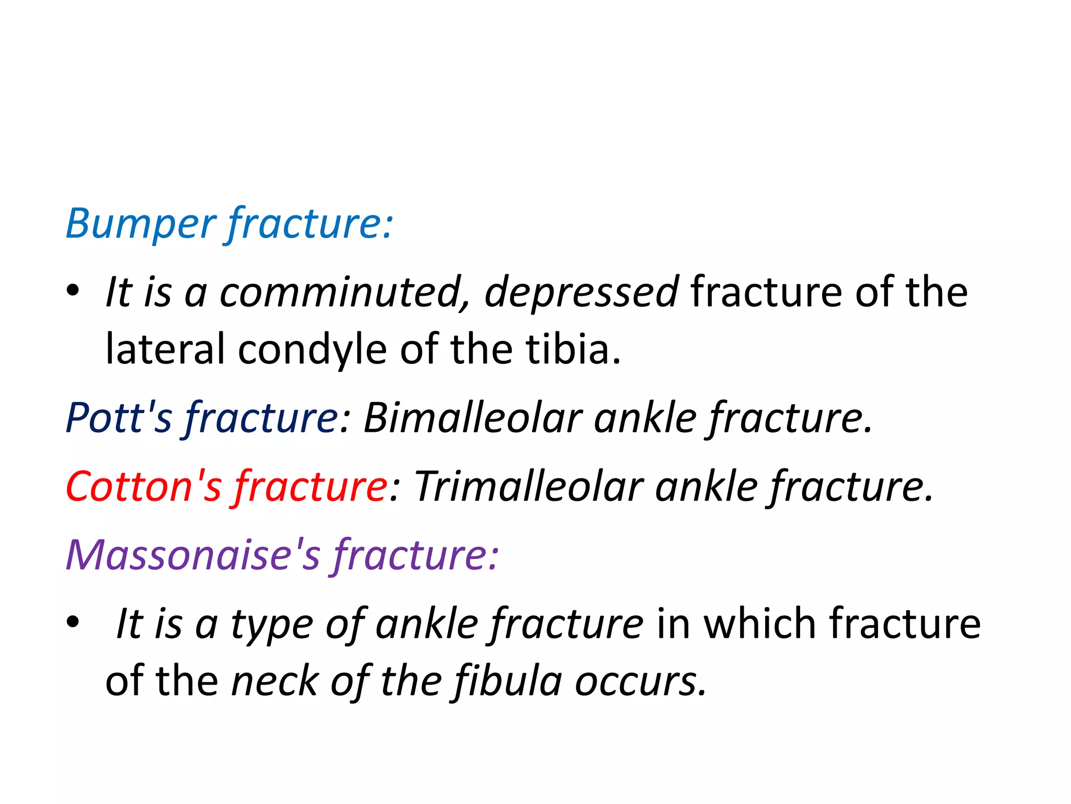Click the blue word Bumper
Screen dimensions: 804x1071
click(140, 224)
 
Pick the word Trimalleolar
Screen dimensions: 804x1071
click(528, 486)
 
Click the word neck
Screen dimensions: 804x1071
click(275, 682)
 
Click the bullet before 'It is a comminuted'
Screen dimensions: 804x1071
click(73, 291)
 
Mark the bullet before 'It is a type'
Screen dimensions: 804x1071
click(73, 622)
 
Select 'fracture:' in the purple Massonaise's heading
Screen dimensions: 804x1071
click(416, 555)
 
